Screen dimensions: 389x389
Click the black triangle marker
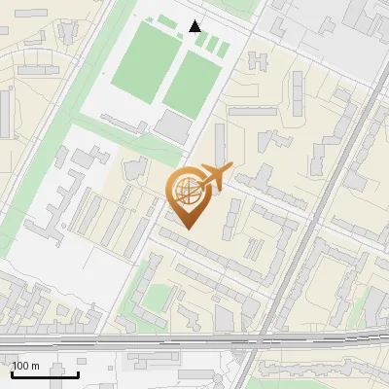point(195,26)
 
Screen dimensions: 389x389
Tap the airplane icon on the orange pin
point(217,176)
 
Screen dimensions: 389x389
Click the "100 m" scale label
point(25,366)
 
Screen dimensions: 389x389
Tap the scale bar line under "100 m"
point(45,373)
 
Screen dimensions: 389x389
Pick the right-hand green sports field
point(191,81)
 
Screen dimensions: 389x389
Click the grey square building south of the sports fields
point(173,124)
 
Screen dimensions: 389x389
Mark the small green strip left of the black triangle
point(168,21)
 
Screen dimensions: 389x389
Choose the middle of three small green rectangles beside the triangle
point(213,46)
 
